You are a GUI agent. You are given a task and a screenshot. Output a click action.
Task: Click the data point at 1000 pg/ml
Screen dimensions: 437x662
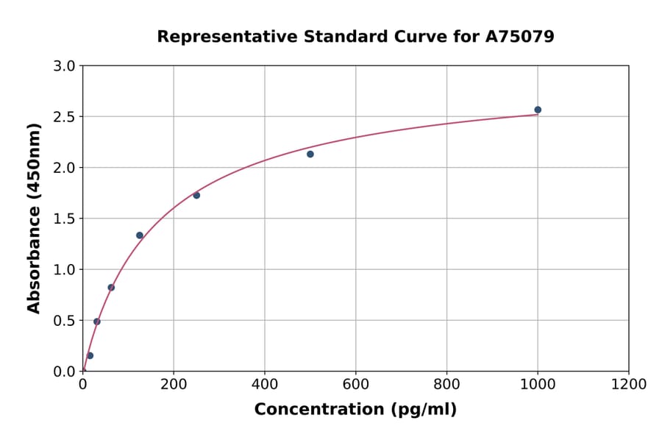(x=538, y=110)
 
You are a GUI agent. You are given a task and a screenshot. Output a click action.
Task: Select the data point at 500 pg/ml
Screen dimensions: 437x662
(x=310, y=154)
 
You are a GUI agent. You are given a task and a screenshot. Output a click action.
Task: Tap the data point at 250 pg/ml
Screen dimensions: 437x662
(x=196, y=195)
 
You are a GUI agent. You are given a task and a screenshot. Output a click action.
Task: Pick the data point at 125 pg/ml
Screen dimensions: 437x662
(x=140, y=235)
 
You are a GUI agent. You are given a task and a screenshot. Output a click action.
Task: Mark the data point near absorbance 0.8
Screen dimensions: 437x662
(x=111, y=288)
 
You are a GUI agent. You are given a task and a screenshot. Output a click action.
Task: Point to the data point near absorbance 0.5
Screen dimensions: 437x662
(x=97, y=321)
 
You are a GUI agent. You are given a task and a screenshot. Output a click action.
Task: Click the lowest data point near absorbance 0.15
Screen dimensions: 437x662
(x=90, y=355)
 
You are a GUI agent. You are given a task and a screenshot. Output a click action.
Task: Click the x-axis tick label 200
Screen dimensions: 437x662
(x=174, y=384)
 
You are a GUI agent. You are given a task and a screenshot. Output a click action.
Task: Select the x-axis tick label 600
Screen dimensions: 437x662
(x=355, y=384)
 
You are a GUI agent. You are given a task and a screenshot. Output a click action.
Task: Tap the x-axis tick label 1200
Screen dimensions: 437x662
(x=628, y=384)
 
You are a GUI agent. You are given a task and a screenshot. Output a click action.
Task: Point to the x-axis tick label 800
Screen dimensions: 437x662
(x=446, y=384)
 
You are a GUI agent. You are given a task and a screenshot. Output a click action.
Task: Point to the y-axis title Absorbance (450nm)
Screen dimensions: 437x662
(x=34, y=218)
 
